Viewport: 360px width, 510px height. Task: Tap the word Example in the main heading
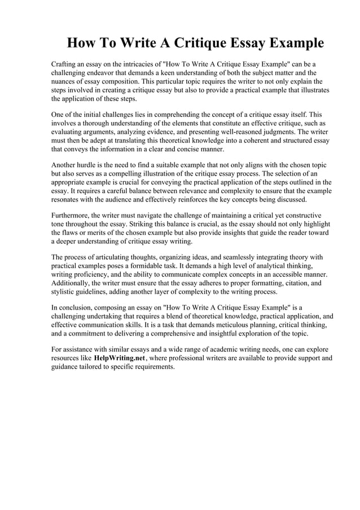pos(292,43)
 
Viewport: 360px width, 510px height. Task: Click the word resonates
pos(69,199)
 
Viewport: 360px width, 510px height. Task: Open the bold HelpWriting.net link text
pos(120,358)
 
